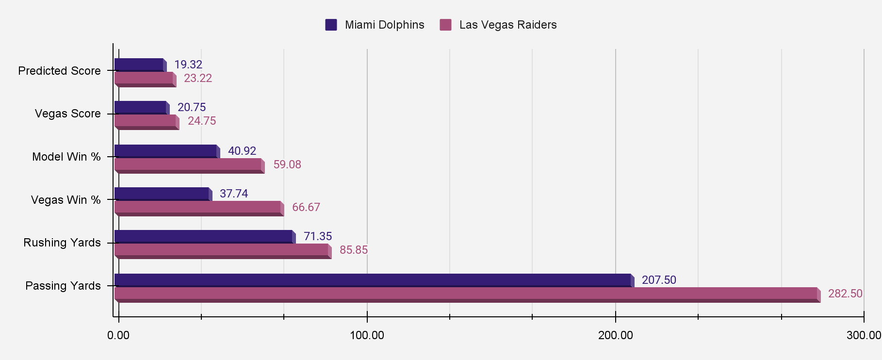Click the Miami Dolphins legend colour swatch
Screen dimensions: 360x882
[331, 25]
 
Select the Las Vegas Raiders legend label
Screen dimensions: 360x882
[507, 25]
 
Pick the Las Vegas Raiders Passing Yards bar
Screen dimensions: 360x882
[466, 294]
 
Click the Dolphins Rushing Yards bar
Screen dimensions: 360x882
[203, 236]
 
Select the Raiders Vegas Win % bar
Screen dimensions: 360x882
[197, 208]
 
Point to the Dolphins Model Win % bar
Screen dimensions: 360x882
[165, 151]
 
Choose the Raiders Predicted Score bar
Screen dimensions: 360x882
[144, 78]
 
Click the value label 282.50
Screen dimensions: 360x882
[845, 294]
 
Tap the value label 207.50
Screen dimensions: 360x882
[658, 280]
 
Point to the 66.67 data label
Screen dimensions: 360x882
[306, 207]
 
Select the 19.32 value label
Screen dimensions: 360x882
[188, 65]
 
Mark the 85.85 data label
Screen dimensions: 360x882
[353, 250]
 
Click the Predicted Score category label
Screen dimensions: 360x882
[59, 71]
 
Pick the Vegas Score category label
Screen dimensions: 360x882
[67, 114]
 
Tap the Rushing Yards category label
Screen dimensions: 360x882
[62, 243]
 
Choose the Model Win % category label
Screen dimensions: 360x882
[66, 157]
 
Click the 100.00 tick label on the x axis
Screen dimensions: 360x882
[367, 335]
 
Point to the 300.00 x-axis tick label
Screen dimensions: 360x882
[864, 335]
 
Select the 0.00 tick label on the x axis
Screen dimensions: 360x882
[118, 335]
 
